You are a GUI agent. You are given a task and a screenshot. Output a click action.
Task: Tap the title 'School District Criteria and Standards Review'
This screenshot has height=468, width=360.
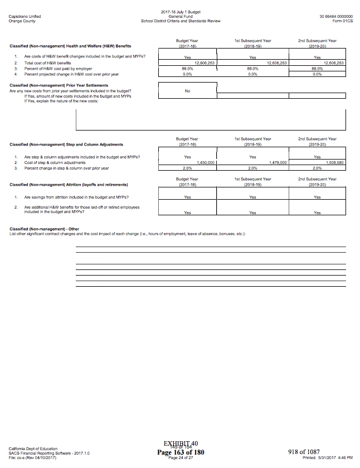[x=181, y=21]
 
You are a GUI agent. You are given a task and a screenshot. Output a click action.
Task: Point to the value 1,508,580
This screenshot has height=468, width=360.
[x=334, y=162]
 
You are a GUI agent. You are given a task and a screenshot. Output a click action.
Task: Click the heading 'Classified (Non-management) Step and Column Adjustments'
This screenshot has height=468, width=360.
[x=66, y=144]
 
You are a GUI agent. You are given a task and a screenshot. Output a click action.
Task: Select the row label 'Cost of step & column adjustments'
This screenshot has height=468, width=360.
[x=53, y=162]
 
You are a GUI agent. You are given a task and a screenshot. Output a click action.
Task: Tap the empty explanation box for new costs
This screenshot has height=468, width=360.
[x=211, y=119]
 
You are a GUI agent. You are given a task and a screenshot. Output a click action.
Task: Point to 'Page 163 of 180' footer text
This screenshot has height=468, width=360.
[x=181, y=452]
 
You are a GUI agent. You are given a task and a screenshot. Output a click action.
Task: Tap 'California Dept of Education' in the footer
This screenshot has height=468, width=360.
[x=33, y=448]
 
